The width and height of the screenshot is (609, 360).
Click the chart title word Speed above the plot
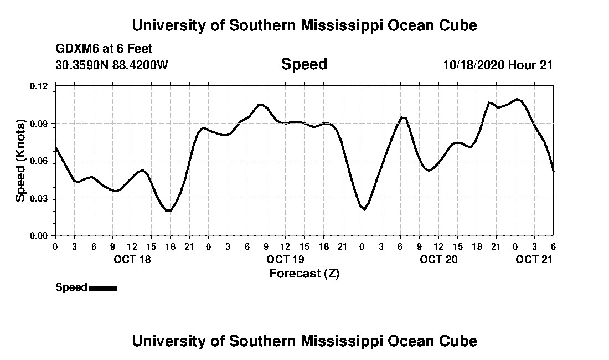coord(304,64)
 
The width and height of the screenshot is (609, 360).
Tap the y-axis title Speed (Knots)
coord(20,161)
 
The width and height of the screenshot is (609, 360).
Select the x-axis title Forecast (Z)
coord(304,273)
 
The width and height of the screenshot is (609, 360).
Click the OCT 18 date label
coord(132,259)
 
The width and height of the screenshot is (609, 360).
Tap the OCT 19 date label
coord(285,259)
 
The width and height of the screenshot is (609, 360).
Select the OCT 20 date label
coord(438,259)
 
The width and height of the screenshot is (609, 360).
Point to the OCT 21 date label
coord(534,259)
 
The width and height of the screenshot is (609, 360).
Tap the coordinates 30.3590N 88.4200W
coord(112,65)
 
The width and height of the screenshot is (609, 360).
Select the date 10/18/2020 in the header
coord(473,65)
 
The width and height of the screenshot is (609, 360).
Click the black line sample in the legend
coord(103,288)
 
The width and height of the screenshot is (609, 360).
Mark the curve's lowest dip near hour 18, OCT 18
coord(168,210)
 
